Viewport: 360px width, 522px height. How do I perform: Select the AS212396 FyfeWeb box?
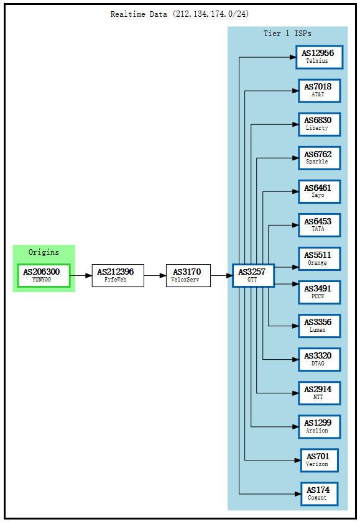click(x=118, y=275)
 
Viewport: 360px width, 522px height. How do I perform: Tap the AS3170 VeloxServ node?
click(x=188, y=275)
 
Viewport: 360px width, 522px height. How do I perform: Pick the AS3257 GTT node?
click(x=252, y=275)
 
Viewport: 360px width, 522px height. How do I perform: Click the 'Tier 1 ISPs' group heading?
click(x=287, y=34)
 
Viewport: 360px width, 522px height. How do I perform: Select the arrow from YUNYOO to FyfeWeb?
click(x=81, y=275)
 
